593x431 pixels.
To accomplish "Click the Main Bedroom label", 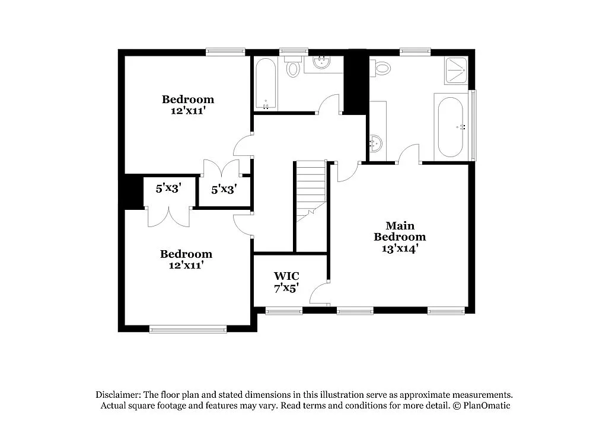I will (x=400, y=231).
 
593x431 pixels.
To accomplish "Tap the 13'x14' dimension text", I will (x=400, y=249).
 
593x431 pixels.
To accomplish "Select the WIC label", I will (x=286, y=276).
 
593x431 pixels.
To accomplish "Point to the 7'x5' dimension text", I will (x=286, y=288).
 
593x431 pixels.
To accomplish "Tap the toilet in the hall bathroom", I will (x=293, y=68).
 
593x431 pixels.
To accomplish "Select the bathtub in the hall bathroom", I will (x=266, y=84).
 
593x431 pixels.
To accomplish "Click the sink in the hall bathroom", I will (x=323, y=63).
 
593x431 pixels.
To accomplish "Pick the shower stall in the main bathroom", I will (x=457, y=70).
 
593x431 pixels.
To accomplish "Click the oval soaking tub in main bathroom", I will (x=451, y=127).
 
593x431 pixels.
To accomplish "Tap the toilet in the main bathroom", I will (x=382, y=68).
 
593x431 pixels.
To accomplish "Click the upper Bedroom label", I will (x=188, y=99).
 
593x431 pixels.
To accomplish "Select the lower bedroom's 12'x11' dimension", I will (x=186, y=266).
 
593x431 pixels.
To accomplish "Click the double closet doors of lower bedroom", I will (x=168, y=217).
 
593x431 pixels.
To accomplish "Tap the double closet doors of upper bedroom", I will (x=221, y=169).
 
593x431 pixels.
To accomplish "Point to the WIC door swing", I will (x=320, y=291).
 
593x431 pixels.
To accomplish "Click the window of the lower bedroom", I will (x=187, y=328).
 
